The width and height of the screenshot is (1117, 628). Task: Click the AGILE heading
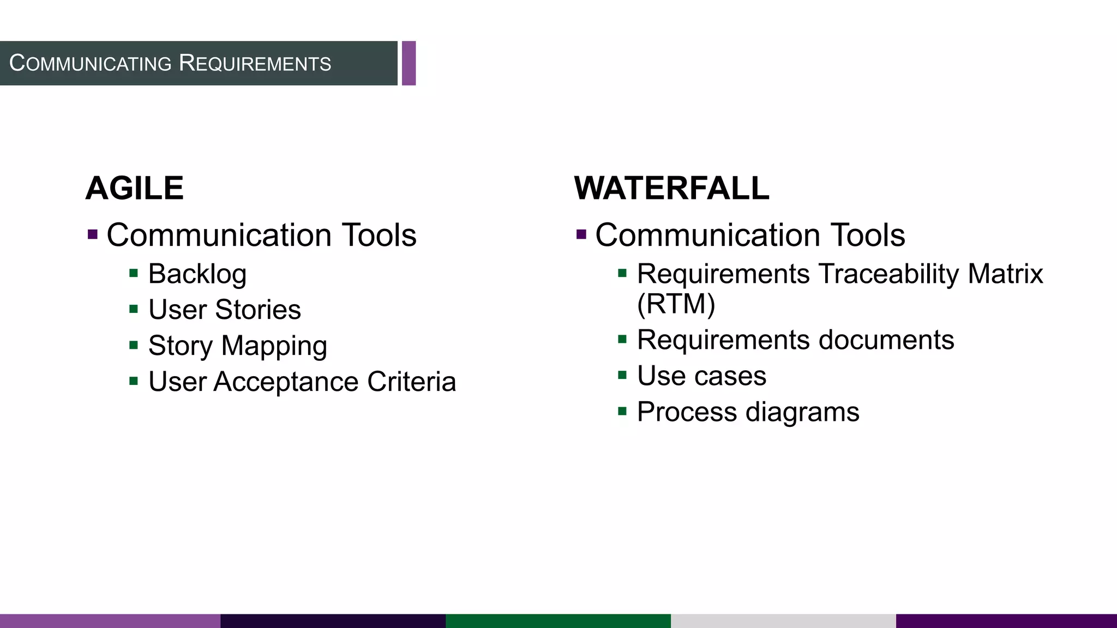(x=134, y=189)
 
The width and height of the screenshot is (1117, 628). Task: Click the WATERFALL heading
(x=671, y=189)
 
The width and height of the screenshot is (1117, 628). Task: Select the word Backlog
(x=197, y=274)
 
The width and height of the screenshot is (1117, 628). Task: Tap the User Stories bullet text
(x=224, y=310)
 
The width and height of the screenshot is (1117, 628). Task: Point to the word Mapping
(x=274, y=346)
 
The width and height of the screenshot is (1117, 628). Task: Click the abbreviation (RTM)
(x=676, y=304)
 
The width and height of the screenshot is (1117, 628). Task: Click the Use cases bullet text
(x=701, y=376)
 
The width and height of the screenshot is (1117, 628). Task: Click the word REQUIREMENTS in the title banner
(x=255, y=63)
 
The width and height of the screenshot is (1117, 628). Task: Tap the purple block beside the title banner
(x=409, y=63)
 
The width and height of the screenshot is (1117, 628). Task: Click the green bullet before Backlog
(x=134, y=273)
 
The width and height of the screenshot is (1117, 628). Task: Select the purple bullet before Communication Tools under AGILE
(x=93, y=235)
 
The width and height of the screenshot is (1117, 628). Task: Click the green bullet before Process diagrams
(x=622, y=411)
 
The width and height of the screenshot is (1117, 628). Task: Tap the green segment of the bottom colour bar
(x=558, y=621)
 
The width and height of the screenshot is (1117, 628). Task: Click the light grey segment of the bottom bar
(x=783, y=621)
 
